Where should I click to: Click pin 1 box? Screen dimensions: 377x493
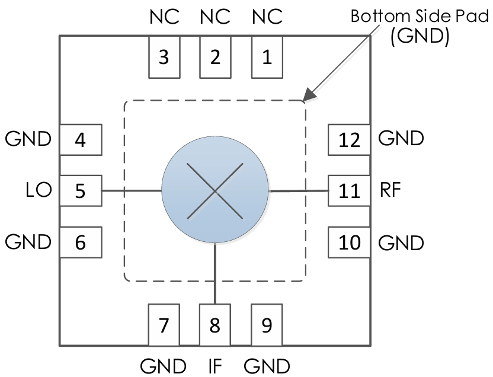(267, 57)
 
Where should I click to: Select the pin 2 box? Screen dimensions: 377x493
(215, 57)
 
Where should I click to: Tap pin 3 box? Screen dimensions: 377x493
(164, 57)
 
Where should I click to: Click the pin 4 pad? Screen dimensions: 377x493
(81, 140)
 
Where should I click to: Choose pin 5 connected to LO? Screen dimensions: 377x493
(81, 191)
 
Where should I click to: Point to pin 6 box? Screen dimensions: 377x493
(81, 242)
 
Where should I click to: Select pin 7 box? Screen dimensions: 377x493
(164, 325)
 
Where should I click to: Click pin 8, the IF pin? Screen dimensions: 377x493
(215, 325)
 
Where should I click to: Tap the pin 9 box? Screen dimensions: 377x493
(267, 325)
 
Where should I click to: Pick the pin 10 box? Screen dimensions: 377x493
(349, 242)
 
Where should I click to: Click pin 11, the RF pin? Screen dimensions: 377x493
(349, 191)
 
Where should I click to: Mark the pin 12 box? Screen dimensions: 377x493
(349, 140)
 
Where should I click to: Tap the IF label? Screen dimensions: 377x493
(215, 364)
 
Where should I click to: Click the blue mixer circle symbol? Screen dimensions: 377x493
(215, 191)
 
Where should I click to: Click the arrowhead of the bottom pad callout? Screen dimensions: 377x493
(306, 98)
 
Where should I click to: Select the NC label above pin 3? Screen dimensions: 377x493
(164, 17)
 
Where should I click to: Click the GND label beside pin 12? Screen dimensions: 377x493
(401, 139)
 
